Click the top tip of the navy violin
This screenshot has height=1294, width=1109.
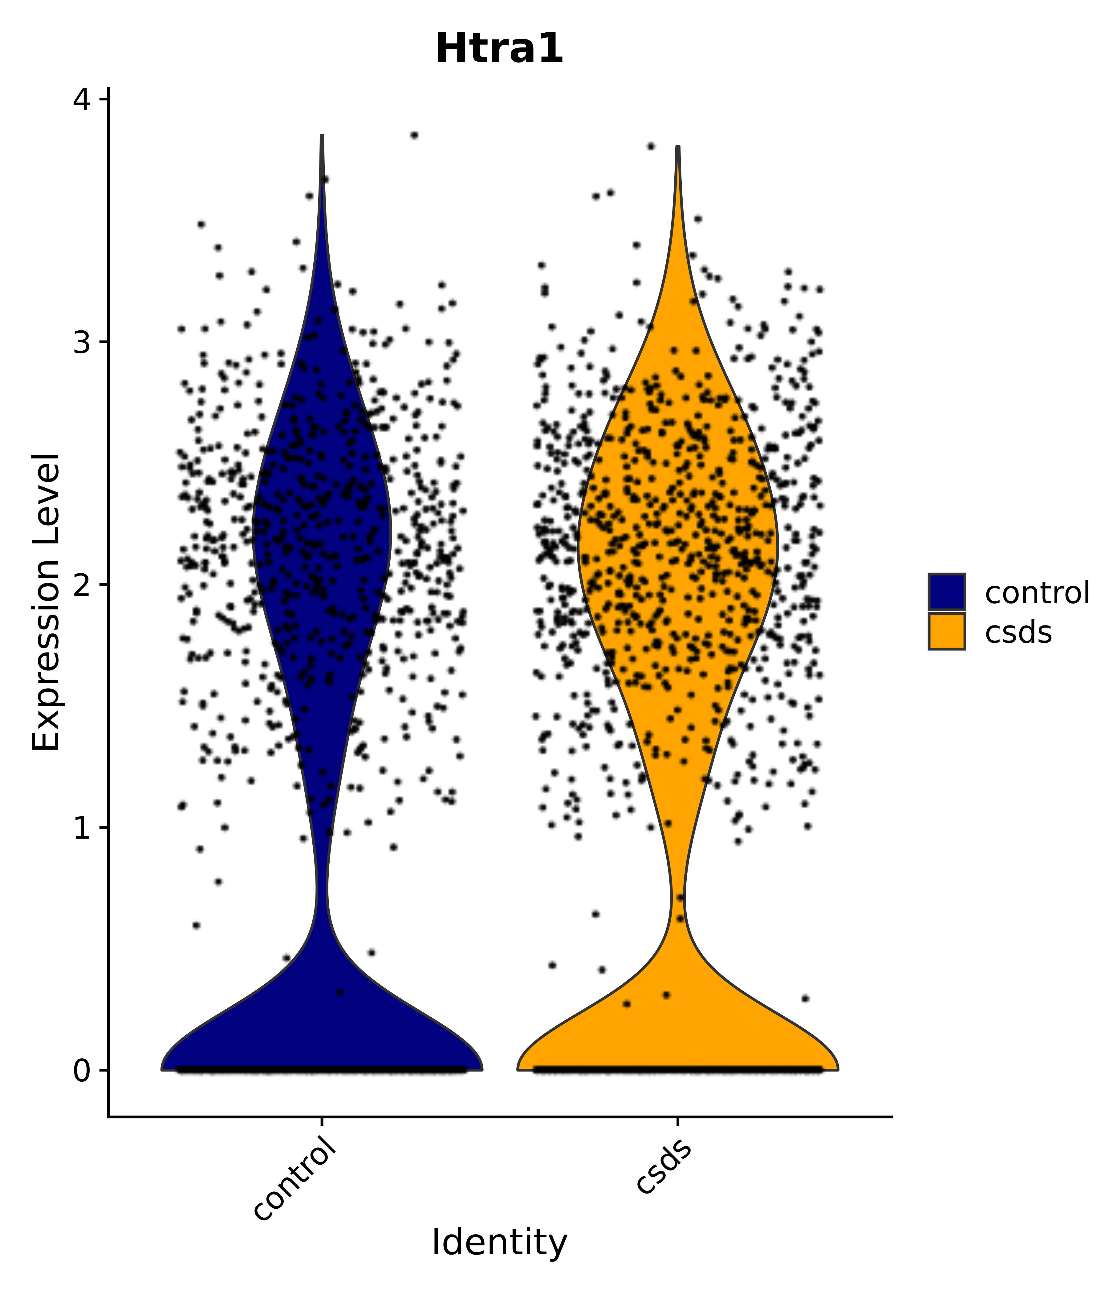tap(322, 136)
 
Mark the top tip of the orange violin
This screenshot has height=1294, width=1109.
tap(677, 148)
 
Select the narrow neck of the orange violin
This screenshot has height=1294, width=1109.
tap(678, 896)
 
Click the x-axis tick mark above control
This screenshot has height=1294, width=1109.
tap(322, 1122)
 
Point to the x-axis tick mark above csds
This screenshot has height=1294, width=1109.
tap(677, 1122)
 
